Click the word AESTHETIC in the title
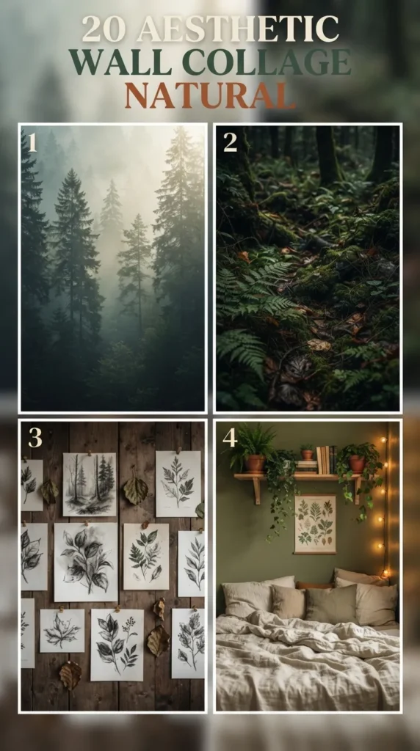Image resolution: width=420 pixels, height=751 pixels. [x=239, y=29]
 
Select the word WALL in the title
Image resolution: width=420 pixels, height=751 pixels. [x=120, y=62]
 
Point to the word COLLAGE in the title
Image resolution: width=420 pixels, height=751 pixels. [x=267, y=62]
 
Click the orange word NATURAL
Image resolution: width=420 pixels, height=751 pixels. [x=209, y=95]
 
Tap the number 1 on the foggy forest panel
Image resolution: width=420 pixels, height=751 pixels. [x=32, y=142]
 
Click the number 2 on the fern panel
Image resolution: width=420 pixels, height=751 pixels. [x=230, y=142]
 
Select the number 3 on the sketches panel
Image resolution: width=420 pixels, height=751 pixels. [x=35, y=437]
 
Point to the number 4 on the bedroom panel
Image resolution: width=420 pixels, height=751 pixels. [x=230, y=437]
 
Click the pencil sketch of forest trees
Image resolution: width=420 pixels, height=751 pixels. [x=90, y=484]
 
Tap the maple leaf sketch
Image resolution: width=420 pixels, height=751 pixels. [x=62, y=630]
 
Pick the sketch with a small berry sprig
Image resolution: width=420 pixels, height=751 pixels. [x=117, y=645]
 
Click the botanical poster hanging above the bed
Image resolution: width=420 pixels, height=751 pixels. [x=315, y=524]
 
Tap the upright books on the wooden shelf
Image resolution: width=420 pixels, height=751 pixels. [x=326, y=460]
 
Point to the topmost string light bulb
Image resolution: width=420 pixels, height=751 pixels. [x=383, y=439]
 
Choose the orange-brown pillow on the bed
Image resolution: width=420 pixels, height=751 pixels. [x=314, y=585]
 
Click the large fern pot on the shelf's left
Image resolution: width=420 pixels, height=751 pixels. [x=255, y=464]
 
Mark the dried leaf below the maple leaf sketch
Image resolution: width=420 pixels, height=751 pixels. [x=70, y=675]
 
